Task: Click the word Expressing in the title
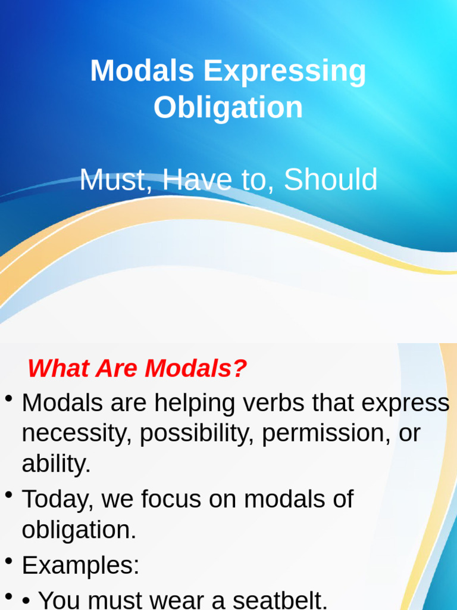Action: pyautogui.click(x=284, y=71)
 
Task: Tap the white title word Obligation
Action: pyautogui.click(x=228, y=107)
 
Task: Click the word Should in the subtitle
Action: pyautogui.click(x=331, y=179)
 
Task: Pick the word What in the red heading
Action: pyautogui.click(x=58, y=368)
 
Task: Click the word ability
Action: pyautogui.click(x=56, y=463)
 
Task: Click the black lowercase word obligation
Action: pyautogui.click(x=79, y=530)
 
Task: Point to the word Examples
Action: pyautogui.click(x=80, y=565)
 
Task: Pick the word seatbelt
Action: pyautogui.click(x=280, y=600)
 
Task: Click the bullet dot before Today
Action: pyautogui.click(x=8, y=495)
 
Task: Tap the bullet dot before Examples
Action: pyautogui.click(x=8, y=561)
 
